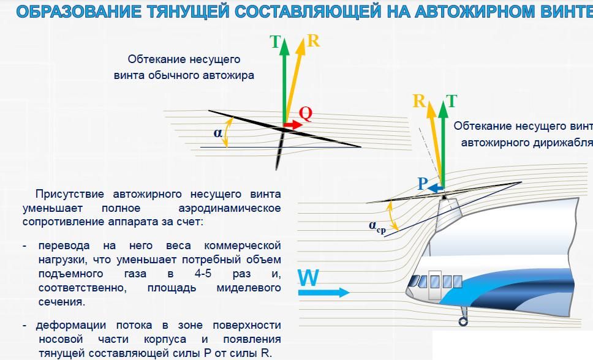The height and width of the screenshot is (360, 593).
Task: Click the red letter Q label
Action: [306, 113]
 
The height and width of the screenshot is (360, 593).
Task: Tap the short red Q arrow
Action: [292, 125]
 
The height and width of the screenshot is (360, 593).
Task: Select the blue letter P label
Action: [423, 184]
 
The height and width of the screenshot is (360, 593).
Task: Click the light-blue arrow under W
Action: [323, 292]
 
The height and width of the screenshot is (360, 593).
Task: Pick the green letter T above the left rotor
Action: [275, 42]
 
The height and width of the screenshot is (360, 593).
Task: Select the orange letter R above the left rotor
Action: [313, 40]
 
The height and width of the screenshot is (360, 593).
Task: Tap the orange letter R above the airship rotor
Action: [419, 101]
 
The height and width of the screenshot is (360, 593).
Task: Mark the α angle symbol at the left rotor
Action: [217, 133]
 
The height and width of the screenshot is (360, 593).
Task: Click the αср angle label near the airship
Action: [377, 227]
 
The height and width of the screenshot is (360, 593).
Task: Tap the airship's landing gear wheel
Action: [463, 321]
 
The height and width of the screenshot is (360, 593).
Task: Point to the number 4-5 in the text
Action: [203, 274]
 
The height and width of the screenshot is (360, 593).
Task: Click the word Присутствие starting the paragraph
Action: [70, 194]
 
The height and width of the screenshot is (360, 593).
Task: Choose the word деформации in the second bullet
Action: [70, 326]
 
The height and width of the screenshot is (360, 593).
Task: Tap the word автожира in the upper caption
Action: [229, 75]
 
